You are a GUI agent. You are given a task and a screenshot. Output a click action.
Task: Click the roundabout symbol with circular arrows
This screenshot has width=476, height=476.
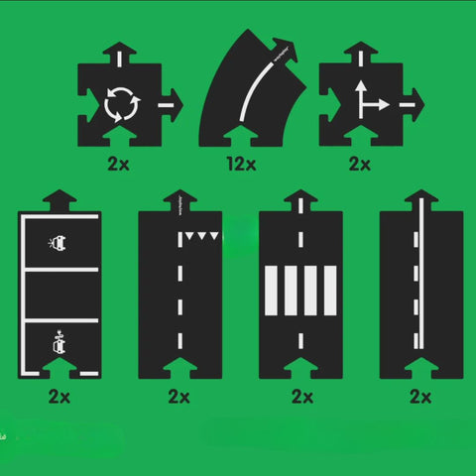point(119,100)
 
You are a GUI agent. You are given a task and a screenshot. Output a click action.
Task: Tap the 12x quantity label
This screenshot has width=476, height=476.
point(237,162)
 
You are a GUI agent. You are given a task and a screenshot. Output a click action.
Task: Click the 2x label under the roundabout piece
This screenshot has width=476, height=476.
point(119,162)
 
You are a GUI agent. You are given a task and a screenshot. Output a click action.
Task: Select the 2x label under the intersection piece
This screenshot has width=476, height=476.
point(358,162)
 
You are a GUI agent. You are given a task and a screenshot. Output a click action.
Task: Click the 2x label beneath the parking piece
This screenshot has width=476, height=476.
point(59,398)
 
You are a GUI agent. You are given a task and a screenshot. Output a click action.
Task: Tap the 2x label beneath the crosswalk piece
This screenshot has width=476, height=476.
point(300,398)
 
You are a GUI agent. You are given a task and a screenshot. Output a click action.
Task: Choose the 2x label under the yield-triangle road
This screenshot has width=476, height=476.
point(179,398)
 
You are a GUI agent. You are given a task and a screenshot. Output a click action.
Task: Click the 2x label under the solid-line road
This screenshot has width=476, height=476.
point(420,398)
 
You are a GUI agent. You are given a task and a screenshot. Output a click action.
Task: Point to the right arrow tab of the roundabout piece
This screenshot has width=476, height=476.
point(170,99)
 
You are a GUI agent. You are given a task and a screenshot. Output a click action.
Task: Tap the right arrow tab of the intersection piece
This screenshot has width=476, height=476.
point(411,99)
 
